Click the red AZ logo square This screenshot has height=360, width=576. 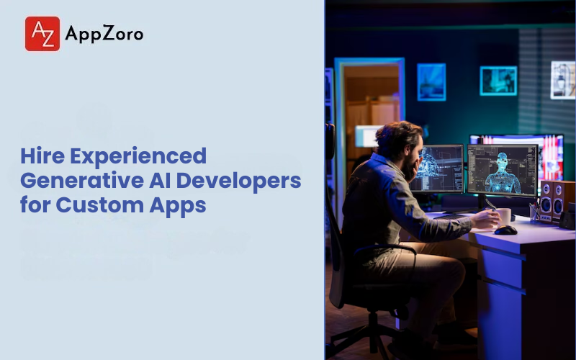click(x=42, y=33)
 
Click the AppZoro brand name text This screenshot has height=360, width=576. click(x=104, y=34)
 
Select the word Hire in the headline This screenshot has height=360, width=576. click(x=42, y=156)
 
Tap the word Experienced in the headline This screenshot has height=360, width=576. click(x=138, y=156)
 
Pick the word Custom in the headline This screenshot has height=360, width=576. click(x=99, y=204)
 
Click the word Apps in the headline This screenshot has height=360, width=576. click(x=177, y=205)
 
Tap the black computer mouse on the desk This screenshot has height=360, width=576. click(x=506, y=230)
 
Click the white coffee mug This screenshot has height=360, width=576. click(x=504, y=217)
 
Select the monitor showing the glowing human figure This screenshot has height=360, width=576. click(x=502, y=170)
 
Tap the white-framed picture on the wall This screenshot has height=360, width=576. click(x=563, y=80)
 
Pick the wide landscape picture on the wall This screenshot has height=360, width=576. click(x=498, y=81)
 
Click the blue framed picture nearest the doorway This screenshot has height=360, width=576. click(x=431, y=82)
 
